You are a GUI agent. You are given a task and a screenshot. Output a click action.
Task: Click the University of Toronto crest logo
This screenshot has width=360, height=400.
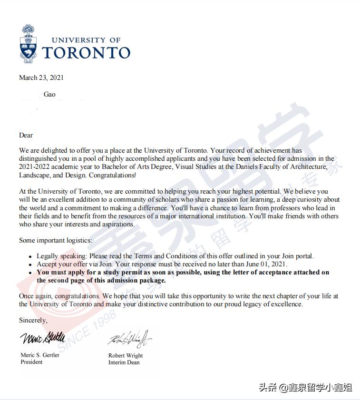(x=28, y=44)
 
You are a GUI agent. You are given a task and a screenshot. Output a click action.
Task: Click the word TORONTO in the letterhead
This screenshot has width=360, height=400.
(x=86, y=52)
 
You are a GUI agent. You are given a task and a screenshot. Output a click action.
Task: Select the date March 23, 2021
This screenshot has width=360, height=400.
(x=41, y=78)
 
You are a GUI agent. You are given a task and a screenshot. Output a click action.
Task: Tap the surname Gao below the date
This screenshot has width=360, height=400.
(x=49, y=94)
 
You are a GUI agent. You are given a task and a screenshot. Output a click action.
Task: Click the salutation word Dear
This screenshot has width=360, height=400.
(x=26, y=135)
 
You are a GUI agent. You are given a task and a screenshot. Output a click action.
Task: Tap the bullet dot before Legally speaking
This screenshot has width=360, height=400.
(x=30, y=257)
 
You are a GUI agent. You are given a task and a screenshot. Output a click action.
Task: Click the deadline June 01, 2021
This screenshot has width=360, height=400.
(x=270, y=264)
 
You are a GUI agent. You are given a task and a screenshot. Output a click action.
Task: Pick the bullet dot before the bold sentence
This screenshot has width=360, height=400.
(x=30, y=273)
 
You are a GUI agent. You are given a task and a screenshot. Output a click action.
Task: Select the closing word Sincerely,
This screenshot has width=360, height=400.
(x=33, y=320)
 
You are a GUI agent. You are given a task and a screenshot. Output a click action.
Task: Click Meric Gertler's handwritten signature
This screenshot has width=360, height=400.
(x=42, y=339)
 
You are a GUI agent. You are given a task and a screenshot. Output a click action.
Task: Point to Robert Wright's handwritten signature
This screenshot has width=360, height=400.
(x=129, y=339)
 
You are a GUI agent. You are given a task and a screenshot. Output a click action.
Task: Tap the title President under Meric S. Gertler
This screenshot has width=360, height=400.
(x=31, y=362)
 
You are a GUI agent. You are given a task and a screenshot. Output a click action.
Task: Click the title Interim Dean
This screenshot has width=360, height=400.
(x=124, y=362)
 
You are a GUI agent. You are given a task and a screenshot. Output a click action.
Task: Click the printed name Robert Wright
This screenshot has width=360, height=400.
(x=126, y=355)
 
